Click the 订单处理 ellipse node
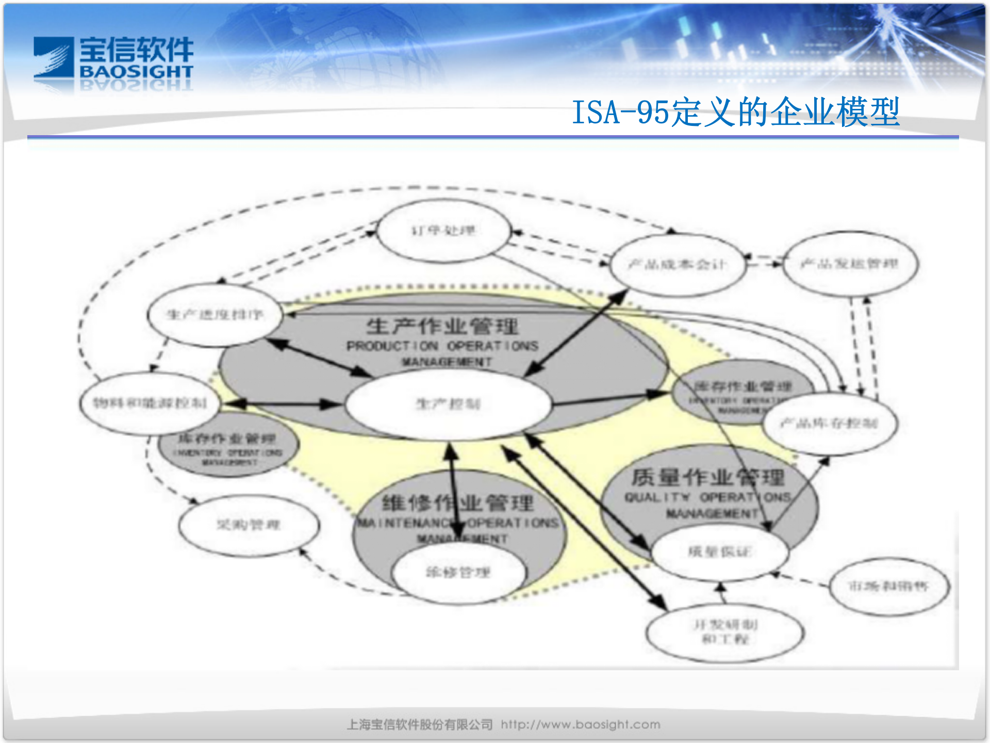click(x=443, y=231)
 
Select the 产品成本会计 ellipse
click(x=678, y=265)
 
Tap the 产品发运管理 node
click(x=850, y=264)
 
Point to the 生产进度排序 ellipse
click(x=214, y=314)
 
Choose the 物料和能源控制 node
click(x=150, y=402)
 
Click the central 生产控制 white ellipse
click(x=448, y=404)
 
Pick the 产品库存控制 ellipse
click(x=829, y=424)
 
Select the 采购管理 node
click(x=249, y=525)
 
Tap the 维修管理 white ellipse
click(x=458, y=572)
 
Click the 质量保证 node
click(x=720, y=552)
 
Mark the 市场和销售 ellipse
click(x=888, y=586)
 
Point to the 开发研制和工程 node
click(x=725, y=632)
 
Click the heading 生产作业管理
click(x=442, y=327)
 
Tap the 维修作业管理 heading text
click(x=458, y=503)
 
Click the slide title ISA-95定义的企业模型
click(x=736, y=112)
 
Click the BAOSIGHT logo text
click(x=137, y=72)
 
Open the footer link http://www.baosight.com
click(x=581, y=724)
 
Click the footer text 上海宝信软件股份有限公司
click(x=420, y=724)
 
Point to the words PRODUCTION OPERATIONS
click(x=442, y=346)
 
